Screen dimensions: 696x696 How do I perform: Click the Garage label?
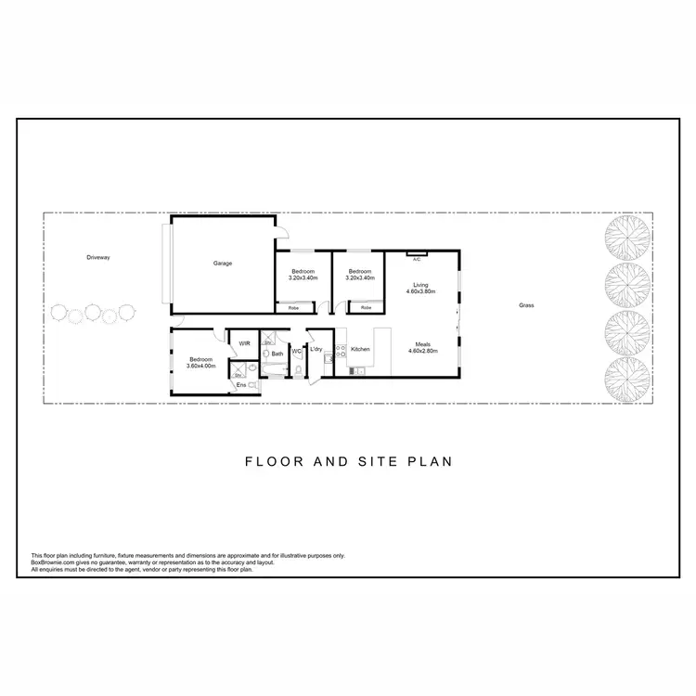click(x=223, y=263)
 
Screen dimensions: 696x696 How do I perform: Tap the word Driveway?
click(x=98, y=257)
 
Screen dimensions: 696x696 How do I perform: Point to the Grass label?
click(x=526, y=305)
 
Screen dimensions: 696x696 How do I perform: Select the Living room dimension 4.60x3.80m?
click(x=420, y=291)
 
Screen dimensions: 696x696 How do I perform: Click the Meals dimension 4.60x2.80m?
click(x=422, y=351)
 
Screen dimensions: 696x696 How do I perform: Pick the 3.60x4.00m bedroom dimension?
click(x=200, y=366)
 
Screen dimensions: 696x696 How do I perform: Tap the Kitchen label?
click(x=360, y=349)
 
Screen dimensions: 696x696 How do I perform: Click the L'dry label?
click(x=316, y=349)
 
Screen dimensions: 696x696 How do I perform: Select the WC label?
click(x=296, y=351)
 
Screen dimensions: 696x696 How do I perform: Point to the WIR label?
click(x=244, y=343)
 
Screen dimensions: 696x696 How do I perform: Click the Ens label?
click(x=241, y=384)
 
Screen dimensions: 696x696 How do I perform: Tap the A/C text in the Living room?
click(x=417, y=260)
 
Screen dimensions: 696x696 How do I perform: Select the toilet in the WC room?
click(x=299, y=371)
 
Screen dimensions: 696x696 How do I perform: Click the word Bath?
click(x=277, y=354)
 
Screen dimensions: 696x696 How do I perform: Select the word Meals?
click(x=423, y=344)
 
